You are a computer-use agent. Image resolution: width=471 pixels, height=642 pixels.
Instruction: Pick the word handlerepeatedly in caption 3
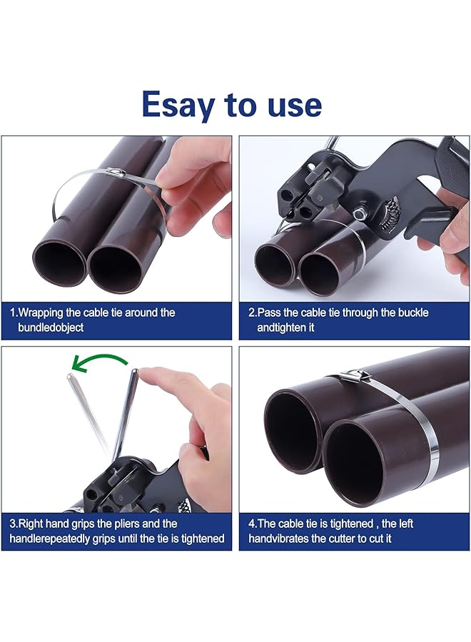(x=61, y=539)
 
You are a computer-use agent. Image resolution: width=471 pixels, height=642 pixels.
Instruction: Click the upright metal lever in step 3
(x=126, y=414)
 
